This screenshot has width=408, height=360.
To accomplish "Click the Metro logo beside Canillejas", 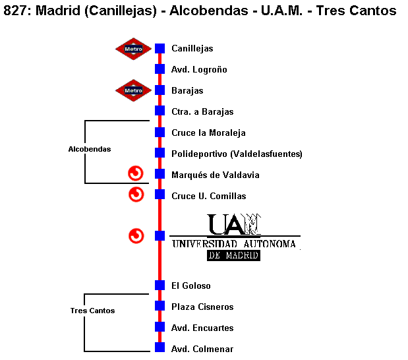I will pyautogui.click(x=133, y=48).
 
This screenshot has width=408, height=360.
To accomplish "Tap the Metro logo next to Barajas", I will pyautogui.click(x=133, y=90).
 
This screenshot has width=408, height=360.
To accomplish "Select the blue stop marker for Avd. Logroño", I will pyautogui.click(x=160, y=69).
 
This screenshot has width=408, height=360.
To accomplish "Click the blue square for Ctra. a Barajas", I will pyautogui.click(x=160, y=111).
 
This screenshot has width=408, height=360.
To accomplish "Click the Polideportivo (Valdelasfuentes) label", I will pyautogui.click(x=237, y=154).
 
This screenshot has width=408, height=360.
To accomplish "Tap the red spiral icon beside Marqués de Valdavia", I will pyautogui.click(x=136, y=173).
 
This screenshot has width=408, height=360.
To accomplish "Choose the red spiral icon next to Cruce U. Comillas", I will pyautogui.click(x=136, y=195).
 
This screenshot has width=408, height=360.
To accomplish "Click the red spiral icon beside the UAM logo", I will pyautogui.click(x=136, y=235).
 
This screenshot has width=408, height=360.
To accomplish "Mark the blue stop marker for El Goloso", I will pyautogui.click(x=160, y=285).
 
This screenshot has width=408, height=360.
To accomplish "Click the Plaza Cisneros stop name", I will pyautogui.click(x=202, y=307).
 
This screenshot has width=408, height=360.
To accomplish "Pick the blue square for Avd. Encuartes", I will pyautogui.click(x=160, y=327).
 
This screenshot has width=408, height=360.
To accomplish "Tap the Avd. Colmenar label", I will pyautogui.click(x=202, y=349).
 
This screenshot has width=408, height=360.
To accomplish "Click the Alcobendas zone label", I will pyautogui.click(x=90, y=149).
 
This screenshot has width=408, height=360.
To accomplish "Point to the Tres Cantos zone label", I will pyautogui.click(x=92, y=311).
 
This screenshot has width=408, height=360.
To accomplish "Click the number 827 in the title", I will pyautogui.click(x=16, y=11).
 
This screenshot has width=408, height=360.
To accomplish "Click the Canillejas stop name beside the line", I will pyautogui.click(x=192, y=48).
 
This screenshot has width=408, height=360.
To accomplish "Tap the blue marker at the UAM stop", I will pyautogui.click(x=160, y=235).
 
